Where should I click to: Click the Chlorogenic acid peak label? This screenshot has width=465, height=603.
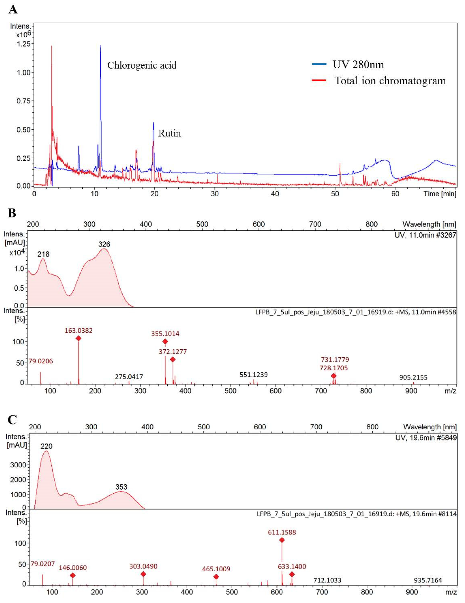pos(142,66)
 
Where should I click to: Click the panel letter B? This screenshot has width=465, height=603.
pos(12,213)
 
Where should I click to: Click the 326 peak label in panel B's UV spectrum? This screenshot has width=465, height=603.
pos(104,244)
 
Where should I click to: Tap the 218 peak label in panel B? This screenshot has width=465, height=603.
pos(43,254)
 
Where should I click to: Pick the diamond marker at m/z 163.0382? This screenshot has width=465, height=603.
pos(78,338)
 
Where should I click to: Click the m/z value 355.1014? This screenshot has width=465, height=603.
pos(165,333)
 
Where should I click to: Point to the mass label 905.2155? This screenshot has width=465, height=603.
pos(413,377)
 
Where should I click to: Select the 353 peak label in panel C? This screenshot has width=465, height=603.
pos(121,487)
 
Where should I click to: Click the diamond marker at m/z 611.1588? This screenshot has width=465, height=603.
pos(282,540)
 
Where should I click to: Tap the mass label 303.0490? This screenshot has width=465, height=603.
pos(143,566)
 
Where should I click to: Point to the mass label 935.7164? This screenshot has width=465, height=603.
pos(428,580)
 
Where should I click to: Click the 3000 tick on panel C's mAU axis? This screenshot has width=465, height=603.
pos(18,465)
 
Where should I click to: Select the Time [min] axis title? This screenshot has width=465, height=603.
pos(440,194)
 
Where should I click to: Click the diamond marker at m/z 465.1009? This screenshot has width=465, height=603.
pos(216,577)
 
